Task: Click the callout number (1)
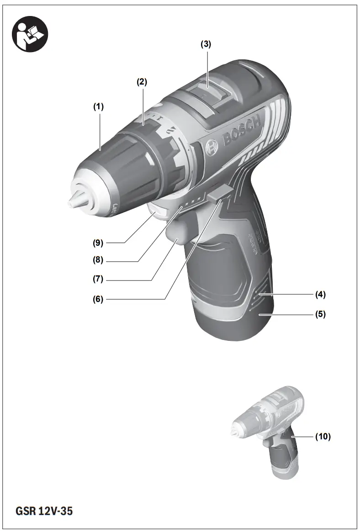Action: tap(98, 107)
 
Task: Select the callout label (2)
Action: tap(142, 82)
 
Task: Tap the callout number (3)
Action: tap(206, 44)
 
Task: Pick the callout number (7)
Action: tap(98, 279)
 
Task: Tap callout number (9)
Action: tap(98, 242)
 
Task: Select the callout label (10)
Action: tap(323, 437)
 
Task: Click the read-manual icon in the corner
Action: tap(29, 34)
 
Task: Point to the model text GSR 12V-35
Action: tap(44, 511)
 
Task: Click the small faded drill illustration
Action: tap(270, 430)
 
